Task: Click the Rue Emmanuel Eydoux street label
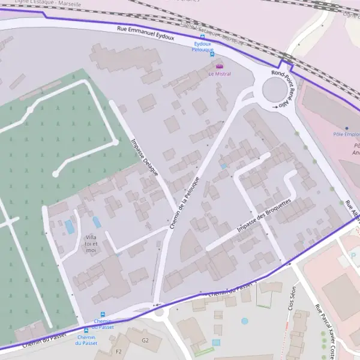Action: (145, 32)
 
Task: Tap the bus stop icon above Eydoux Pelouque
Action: (202, 37)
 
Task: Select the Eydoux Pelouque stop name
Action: (203, 47)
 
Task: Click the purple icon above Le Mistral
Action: (218, 66)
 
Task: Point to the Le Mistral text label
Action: (219, 74)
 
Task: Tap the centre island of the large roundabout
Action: (275, 91)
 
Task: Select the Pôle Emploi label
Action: (346, 134)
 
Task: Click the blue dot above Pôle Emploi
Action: (346, 127)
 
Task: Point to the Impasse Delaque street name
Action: (144, 158)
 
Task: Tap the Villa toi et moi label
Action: (91, 244)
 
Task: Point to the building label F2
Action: (119, 352)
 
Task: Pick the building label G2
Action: (145, 340)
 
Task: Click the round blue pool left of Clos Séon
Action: (245, 321)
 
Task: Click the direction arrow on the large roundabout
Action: (275, 107)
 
